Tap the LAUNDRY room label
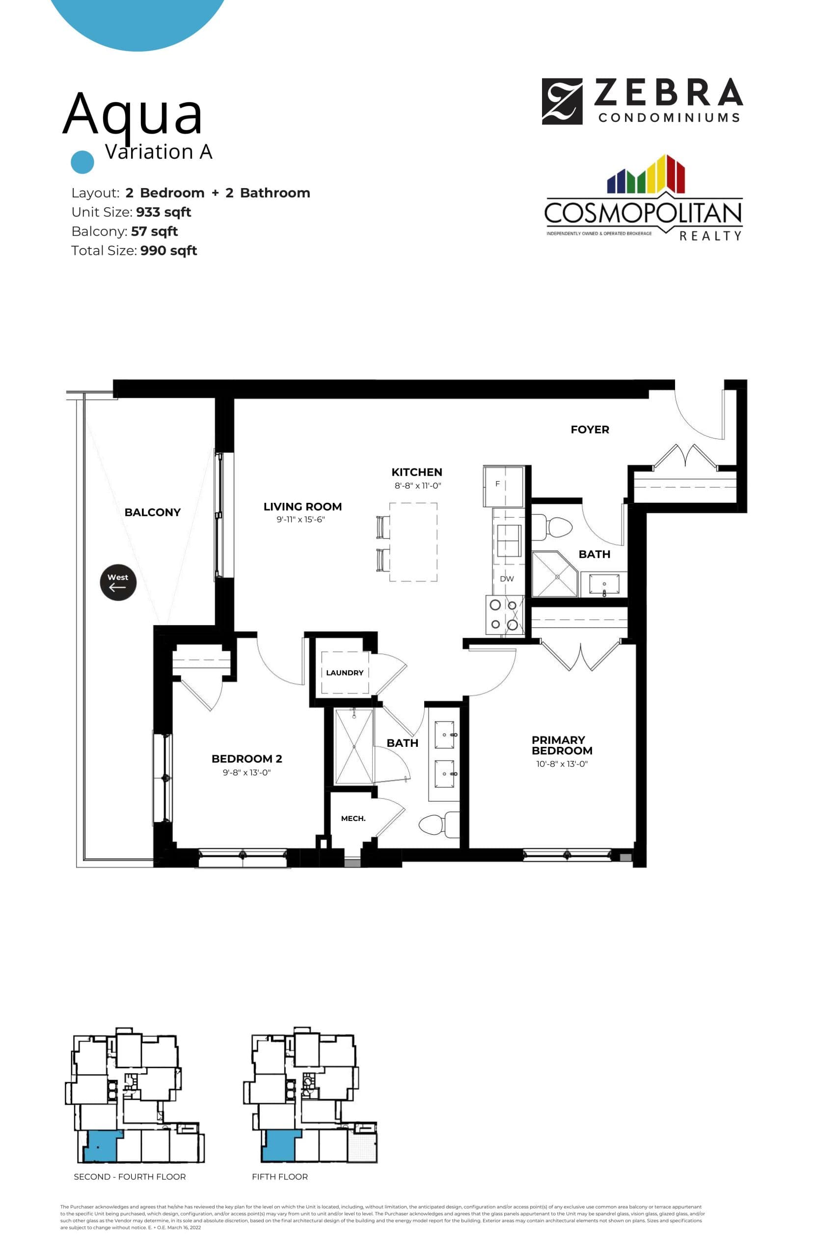coord(345,673)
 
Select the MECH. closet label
coord(353,819)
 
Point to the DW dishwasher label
coord(507,578)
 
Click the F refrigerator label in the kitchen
coord(497,484)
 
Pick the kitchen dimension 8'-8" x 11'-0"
coord(418,486)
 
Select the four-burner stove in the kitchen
coord(504,615)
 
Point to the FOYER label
coord(590,430)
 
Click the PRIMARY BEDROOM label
coord(562,745)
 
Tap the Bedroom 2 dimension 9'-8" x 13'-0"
coord(246,772)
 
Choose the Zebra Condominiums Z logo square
coord(562,101)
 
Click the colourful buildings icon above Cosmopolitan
coord(646,175)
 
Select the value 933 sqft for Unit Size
coord(163,212)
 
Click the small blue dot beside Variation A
coord(82,162)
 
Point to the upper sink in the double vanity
coord(444,735)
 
